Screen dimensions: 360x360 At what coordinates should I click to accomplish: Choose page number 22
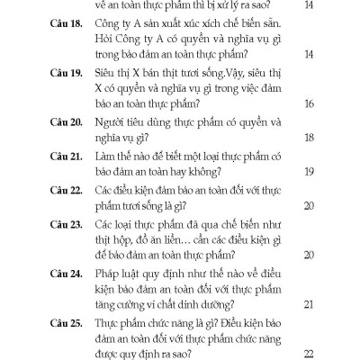pos(309,354)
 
